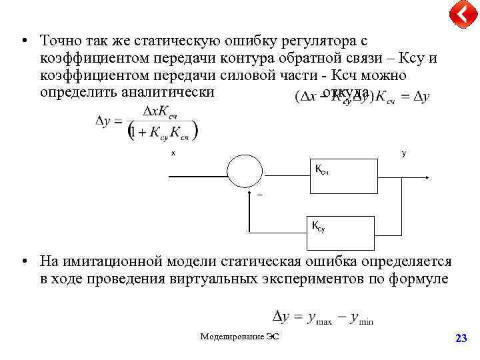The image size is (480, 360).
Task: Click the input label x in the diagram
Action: pyautogui.click(x=173, y=153)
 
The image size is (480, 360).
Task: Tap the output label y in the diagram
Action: pyautogui.click(x=403, y=153)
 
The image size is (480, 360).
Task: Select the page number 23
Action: pyautogui.click(x=460, y=339)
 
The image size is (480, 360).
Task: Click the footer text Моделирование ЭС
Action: pyautogui.click(x=239, y=337)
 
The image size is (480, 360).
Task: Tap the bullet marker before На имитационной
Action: pyautogui.click(x=24, y=262)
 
